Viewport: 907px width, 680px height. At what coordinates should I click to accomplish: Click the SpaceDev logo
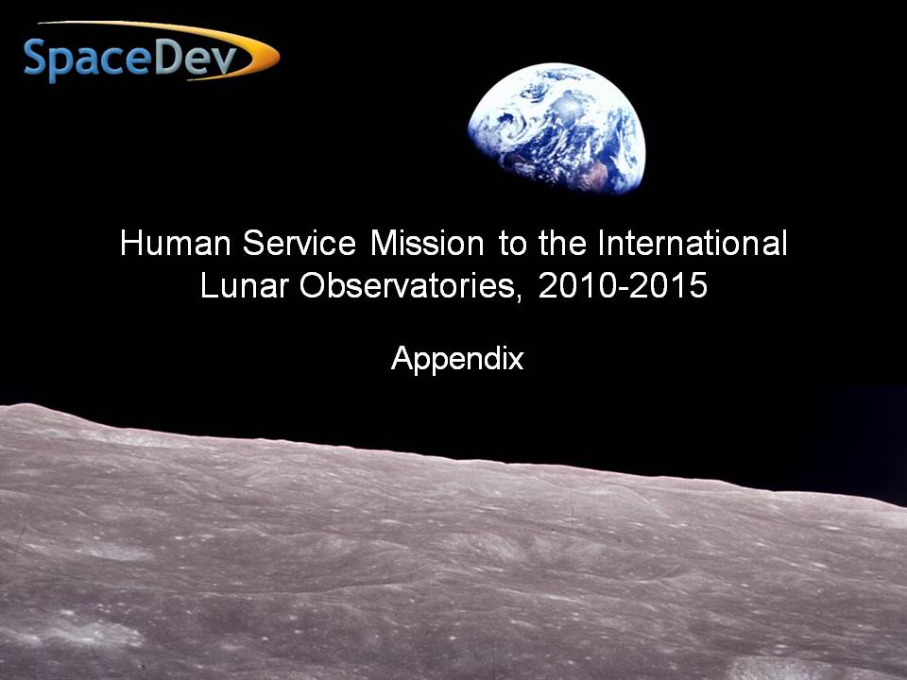pyautogui.click(x=151, y=52)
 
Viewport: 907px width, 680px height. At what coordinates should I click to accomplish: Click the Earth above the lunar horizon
pyautogui.click(x=556, y=127)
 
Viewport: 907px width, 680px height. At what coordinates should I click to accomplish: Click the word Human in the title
pyautogui.click(x=176, y=243)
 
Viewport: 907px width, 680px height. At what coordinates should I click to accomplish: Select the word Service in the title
pyautogui.click(x=299, y=243)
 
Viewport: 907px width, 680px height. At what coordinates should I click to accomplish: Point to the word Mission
pyautogui.click(x=427, y=243)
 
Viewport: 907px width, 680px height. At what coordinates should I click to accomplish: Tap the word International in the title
pyautogui.click(x=693, y=243)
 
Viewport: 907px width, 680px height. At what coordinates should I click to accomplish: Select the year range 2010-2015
pyautogui.click(x=623, y=284)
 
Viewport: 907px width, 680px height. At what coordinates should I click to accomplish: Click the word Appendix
pyautogui.click(x=457, y=359)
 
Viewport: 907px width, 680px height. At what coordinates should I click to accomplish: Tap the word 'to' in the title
pyautogui.click(x=512, y=244)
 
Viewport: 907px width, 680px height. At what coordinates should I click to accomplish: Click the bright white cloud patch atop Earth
pyautogui.click(x=568, y=108)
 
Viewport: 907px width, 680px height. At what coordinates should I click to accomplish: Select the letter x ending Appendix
pyautogui.click(x=517, y=362)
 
